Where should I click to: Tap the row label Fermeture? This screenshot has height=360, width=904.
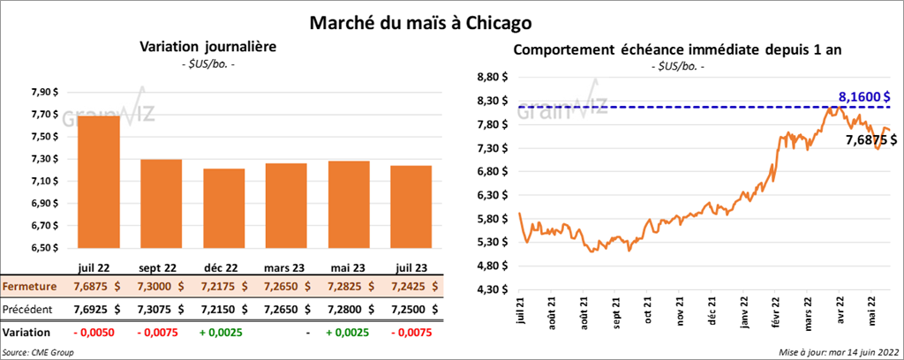[30, 287]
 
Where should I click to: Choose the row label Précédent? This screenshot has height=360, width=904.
[28, 310]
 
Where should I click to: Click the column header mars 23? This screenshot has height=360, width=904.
[283, 267]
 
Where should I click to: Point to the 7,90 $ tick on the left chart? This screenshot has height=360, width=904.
[45, 92]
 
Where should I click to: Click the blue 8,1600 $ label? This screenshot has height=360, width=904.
[864, 97]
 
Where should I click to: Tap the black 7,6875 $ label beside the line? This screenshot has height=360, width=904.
[871, 139]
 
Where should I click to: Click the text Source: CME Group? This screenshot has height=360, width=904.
[39, 352]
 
